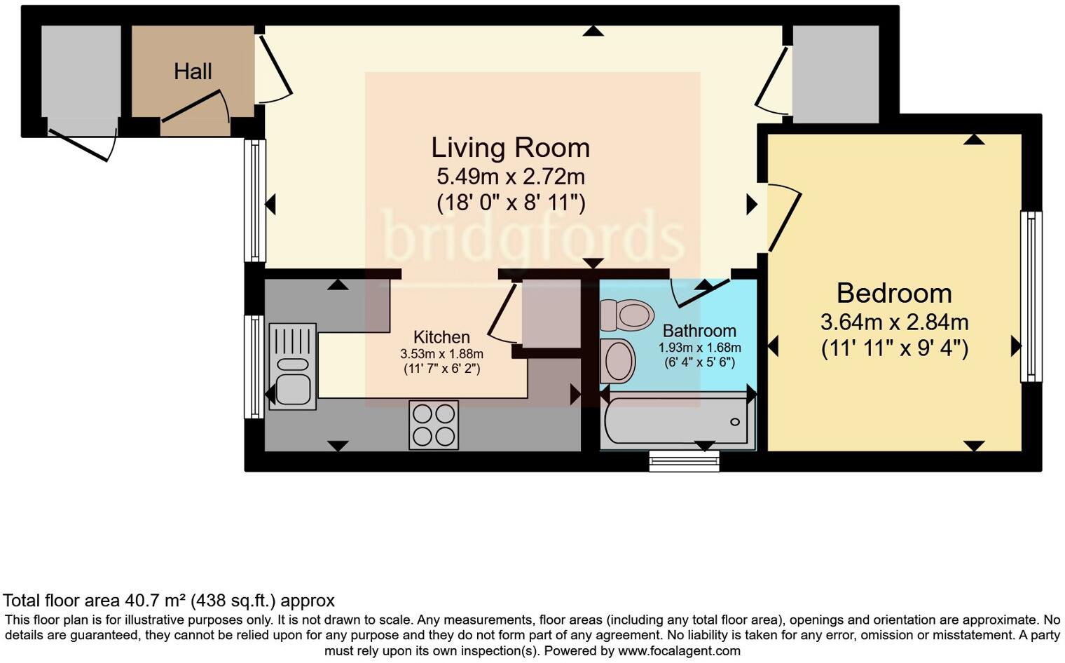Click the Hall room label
[x=193, y=71]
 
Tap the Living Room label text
[x=510, y=148]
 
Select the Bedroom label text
[x=894, y=293]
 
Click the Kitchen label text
[x=441, y=337]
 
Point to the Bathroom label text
[x=699, y=331]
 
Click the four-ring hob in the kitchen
[x=434, y=425]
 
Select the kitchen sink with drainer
[x=292, y=367]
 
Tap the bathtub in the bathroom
[x=677, y=421]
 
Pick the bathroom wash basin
[x=618, y=361]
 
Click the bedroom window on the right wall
[x=1031, y=296]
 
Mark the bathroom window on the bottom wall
[x=684, y=460]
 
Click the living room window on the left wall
[x=254, y=200]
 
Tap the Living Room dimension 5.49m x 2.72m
[x=511, y=176]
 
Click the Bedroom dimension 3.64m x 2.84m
[x=894, y=322]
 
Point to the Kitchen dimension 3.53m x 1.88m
[x=441, y=354]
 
